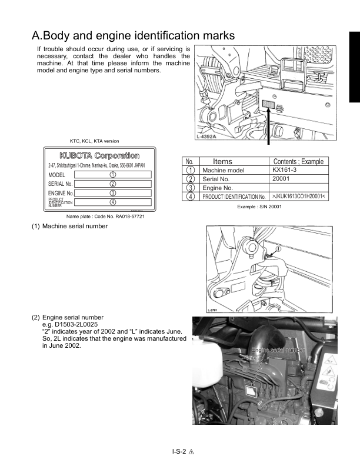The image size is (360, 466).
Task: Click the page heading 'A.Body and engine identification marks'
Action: coord(134,35)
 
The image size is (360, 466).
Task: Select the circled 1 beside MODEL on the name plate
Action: coord(112,175)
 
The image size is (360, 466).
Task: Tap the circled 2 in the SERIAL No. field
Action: coord(112,184)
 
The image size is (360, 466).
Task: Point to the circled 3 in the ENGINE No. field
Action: coord(112,193)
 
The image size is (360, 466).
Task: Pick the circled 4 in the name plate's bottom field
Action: coord(112,202)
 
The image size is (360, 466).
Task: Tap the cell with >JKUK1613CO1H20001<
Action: coord(299,196)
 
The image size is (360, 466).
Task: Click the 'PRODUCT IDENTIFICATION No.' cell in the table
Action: coord(234,197)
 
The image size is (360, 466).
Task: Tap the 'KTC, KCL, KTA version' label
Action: coord(94,141)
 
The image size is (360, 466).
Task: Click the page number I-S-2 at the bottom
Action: coord(176,451)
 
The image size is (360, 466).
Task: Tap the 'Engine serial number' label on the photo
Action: coord(278,350)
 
